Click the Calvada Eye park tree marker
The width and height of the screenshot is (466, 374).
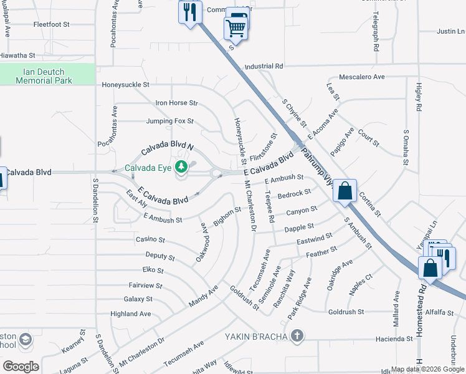(181, 167)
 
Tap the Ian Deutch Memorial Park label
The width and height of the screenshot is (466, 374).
(44, 76)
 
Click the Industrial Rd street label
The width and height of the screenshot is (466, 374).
(264, 65)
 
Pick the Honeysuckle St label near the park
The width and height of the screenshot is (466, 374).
(126, 84)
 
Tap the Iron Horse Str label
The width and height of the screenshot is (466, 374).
(176, 103)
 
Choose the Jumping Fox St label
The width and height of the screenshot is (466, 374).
(170, 121)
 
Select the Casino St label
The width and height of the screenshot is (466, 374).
(150, 239)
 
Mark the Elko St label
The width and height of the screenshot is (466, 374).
(153, 271)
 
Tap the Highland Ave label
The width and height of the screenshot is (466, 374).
(131, 314)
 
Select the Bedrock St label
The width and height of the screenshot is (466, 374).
(294, 194)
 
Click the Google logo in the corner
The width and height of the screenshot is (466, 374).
(21, 366)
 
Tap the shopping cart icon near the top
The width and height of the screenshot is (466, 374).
(235, 28)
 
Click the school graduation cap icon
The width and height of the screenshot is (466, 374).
(26, 340)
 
